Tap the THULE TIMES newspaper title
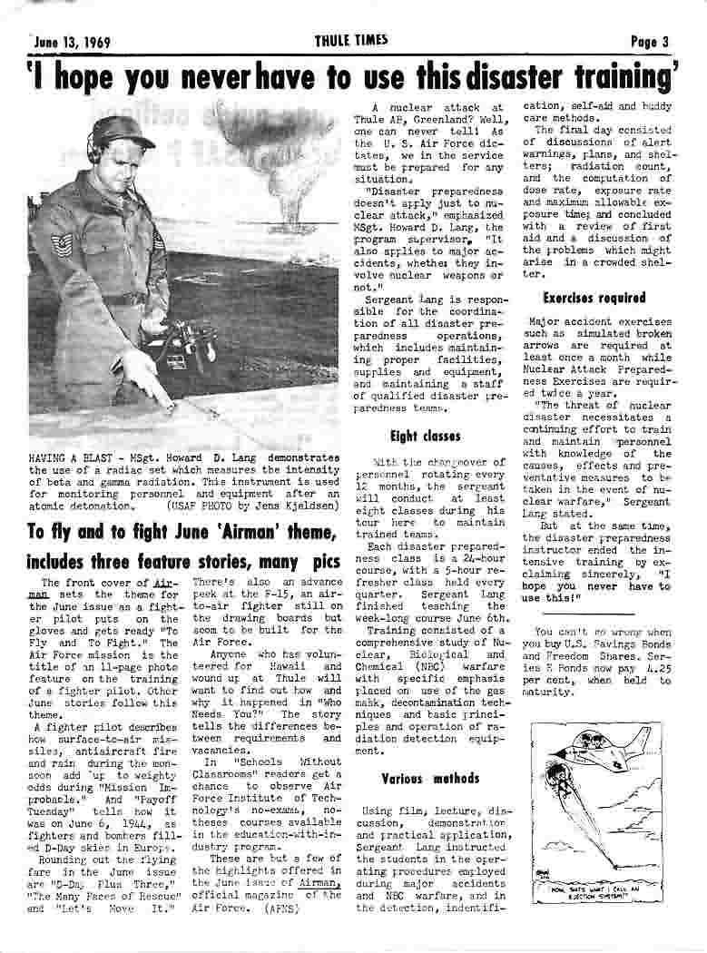pos(351,40)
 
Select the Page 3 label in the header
pos(650,41)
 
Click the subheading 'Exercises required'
pos(594,298)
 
